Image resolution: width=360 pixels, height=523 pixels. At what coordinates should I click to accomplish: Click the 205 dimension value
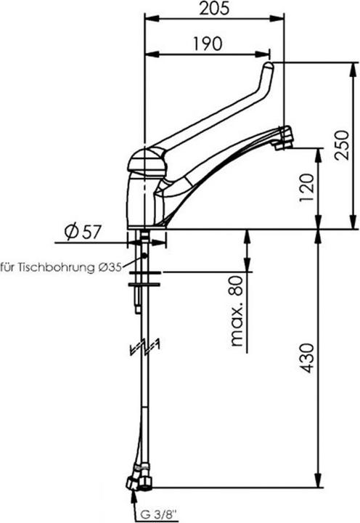coord(215,9)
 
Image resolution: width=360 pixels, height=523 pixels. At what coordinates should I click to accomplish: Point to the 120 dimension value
coord(308,188)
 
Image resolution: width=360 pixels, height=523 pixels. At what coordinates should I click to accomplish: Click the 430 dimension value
coord(307,359)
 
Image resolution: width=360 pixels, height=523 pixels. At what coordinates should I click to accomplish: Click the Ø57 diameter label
coord(81,232)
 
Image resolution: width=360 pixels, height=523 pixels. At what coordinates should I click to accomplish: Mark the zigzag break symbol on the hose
coord(145,349)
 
